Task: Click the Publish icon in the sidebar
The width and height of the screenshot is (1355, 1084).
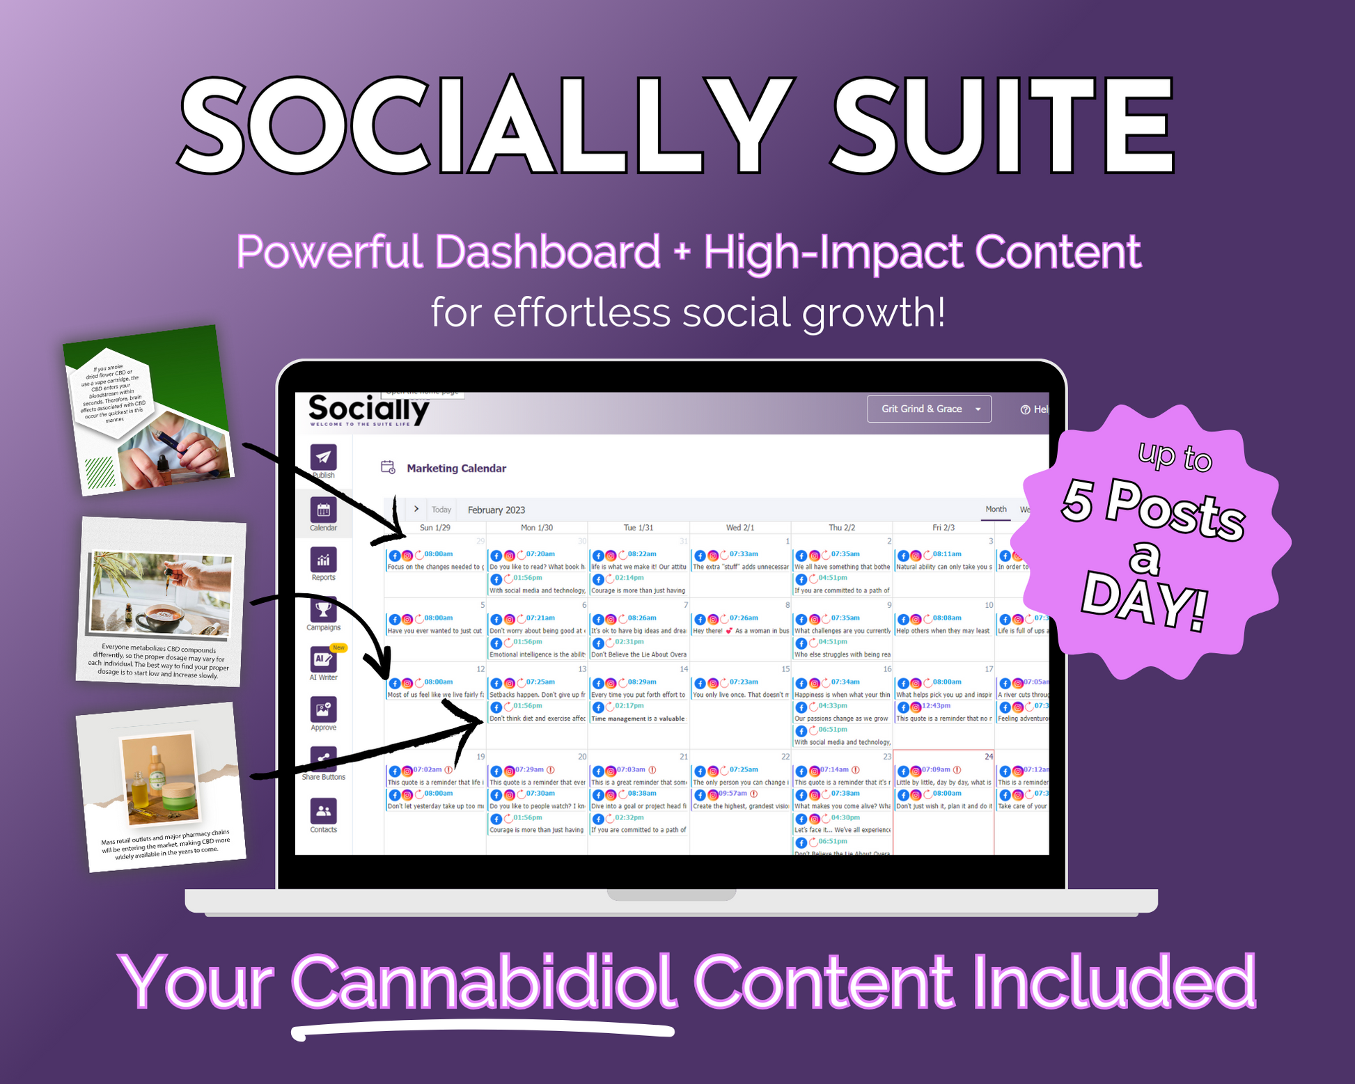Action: pos(323,458)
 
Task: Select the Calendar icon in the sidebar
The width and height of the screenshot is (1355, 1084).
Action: pos(323,510)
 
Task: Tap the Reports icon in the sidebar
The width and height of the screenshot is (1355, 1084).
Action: pos(323,560)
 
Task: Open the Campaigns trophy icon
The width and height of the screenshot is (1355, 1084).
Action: pos(323,610)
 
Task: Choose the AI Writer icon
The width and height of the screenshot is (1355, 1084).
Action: pos(323,659)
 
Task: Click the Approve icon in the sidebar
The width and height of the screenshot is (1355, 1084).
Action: pos(323,710)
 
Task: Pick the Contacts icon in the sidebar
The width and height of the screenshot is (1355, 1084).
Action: pos(323,811)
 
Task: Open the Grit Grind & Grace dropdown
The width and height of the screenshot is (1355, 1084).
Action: pos(929,409)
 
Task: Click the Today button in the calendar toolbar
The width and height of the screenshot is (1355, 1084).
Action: pos(441,510)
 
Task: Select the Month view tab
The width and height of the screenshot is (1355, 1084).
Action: pos(996,509)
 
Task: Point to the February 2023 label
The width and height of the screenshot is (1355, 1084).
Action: pos(496,510)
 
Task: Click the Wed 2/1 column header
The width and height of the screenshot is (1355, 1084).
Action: pos(740,528)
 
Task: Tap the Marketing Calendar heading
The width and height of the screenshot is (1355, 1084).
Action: pos(456,469)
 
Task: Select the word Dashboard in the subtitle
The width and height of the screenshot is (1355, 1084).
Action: pos(547,251)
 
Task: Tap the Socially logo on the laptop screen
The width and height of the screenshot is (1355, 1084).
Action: pos(368,409)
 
